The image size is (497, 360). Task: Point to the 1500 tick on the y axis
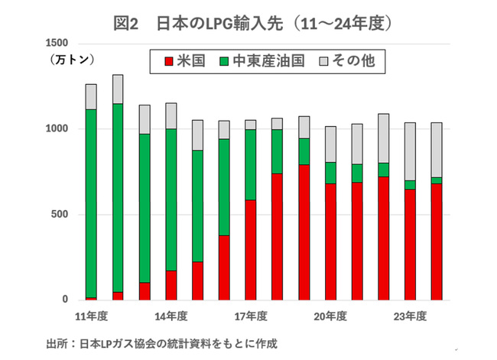pos(59,43)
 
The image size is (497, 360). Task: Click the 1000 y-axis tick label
pos(59,128)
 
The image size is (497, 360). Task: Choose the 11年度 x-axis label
pos(91,316)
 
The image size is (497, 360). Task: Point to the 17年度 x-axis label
pos(251,316)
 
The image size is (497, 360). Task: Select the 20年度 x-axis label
pos(330,316)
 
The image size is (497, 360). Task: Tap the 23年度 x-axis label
pos(411,316)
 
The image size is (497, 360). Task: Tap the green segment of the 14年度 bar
pos(171,199)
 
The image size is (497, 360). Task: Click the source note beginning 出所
pos(161,343)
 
